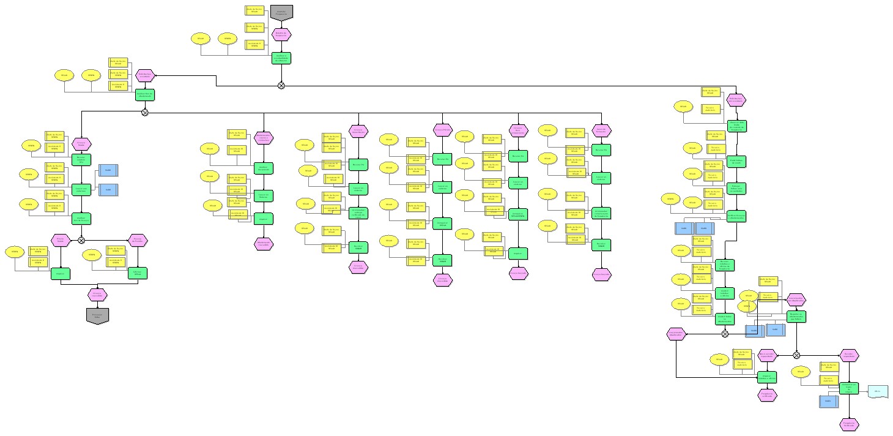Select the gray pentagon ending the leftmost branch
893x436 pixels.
[x=97, y=315]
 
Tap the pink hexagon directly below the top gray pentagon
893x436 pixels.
[x=281, y=34]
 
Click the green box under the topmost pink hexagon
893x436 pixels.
[x=281, y=58]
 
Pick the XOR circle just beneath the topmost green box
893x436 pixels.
[x=281, y=85]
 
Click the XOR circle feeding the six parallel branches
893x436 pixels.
[x=145, y=112]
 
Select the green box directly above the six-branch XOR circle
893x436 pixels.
[x=145, y=95]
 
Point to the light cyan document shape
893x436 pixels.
[x=878, y=391]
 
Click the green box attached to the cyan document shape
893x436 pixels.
[x=849, y=388]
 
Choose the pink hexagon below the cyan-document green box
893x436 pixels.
[x=849, y=424]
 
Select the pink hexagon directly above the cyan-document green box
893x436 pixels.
[x=849, y=355]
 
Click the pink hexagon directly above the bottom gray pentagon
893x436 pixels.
[x=97, y=295]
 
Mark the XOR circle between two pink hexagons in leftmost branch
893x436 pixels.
[x=81, y=241]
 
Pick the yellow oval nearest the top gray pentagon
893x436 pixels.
[x=227, y=39]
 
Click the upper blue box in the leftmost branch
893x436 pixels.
[x=108, y=170]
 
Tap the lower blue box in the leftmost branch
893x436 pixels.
[x=108, y=190]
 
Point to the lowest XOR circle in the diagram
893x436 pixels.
[x=796, y=355]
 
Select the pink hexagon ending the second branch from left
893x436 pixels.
[x=264, y=244]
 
